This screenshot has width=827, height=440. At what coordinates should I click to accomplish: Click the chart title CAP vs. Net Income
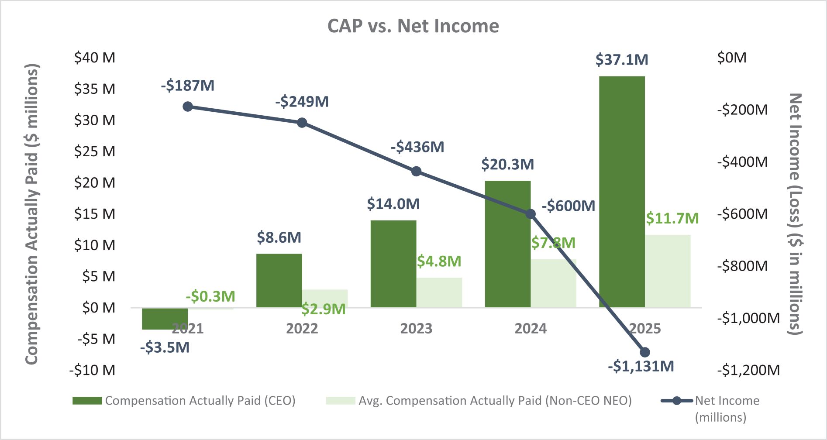(413, 26)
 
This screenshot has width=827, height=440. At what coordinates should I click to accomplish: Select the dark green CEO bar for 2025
(622, 192)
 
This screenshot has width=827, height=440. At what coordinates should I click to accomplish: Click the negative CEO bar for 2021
(165, 319)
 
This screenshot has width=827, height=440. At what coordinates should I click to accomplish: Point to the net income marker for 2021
(188, 107)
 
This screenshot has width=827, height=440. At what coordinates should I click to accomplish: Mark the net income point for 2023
(417, 171)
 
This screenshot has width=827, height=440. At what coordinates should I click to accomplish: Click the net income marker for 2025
(645, 352)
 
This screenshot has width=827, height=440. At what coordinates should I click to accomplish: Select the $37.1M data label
(622, 60)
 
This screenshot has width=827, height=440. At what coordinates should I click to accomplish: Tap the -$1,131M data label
(641, 366)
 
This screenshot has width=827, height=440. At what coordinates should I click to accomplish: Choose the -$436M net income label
(417, 147)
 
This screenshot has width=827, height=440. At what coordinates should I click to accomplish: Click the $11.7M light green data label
(672, 218)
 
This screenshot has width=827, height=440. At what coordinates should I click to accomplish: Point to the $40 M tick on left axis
(95, 58)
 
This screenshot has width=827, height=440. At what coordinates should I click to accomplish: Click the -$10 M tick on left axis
(92, 370)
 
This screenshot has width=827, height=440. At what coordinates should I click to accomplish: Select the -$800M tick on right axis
(742, 266)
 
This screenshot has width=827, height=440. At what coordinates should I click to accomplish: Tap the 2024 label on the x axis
(531, 328)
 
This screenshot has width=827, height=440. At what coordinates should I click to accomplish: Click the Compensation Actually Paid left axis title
(32, 214)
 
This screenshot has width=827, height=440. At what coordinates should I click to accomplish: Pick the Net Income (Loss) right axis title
(795, 214)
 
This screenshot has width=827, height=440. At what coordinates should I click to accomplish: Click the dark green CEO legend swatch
(87, 401)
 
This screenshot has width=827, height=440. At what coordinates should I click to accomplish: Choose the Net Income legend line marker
(676, 401)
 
